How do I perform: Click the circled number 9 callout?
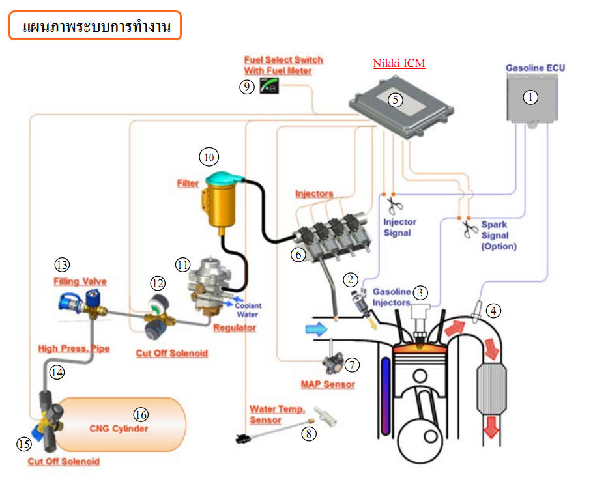coord(246,87)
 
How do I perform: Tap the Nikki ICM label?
coord(399,64)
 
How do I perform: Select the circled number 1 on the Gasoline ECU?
coord(531,97)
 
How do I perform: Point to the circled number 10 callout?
coord(209,157)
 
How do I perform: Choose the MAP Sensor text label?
coord(328,384)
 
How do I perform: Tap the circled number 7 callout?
coord(352,365)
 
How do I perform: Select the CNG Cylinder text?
coord(119,429)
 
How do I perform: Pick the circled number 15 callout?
coord(24,444)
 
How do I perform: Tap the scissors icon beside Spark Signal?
coord(470,229)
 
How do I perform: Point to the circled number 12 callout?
coord(157,283)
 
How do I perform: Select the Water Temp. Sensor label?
coord(277,414)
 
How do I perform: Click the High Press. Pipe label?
coord(74,348)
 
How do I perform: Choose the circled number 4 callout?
coord(494,311)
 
